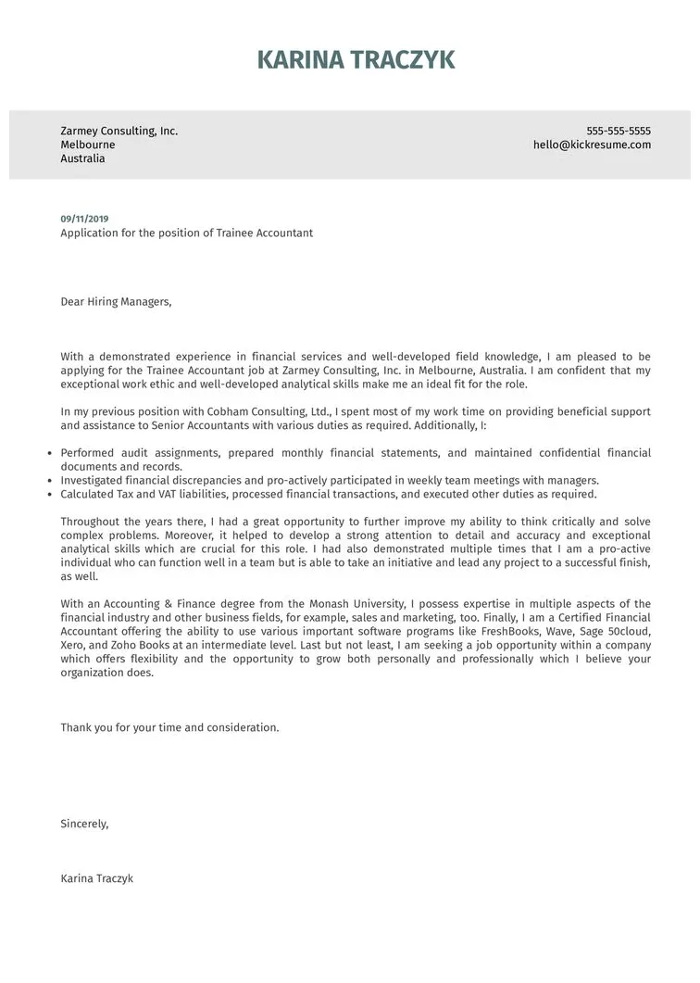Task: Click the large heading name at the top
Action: pos(356,60)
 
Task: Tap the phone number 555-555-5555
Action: pos(619,131)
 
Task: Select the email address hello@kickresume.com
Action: pos(592,145)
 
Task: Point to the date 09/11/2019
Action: pos(84,219)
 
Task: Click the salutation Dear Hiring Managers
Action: pos(116,301)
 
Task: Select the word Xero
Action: pos(74,646)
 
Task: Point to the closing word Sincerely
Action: pos(84,823)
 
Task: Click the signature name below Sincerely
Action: pos(96,877)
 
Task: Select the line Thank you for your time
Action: pos(169,727)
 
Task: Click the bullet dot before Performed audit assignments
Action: pos(48,453)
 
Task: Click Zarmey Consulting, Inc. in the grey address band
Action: pos(119,131)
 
